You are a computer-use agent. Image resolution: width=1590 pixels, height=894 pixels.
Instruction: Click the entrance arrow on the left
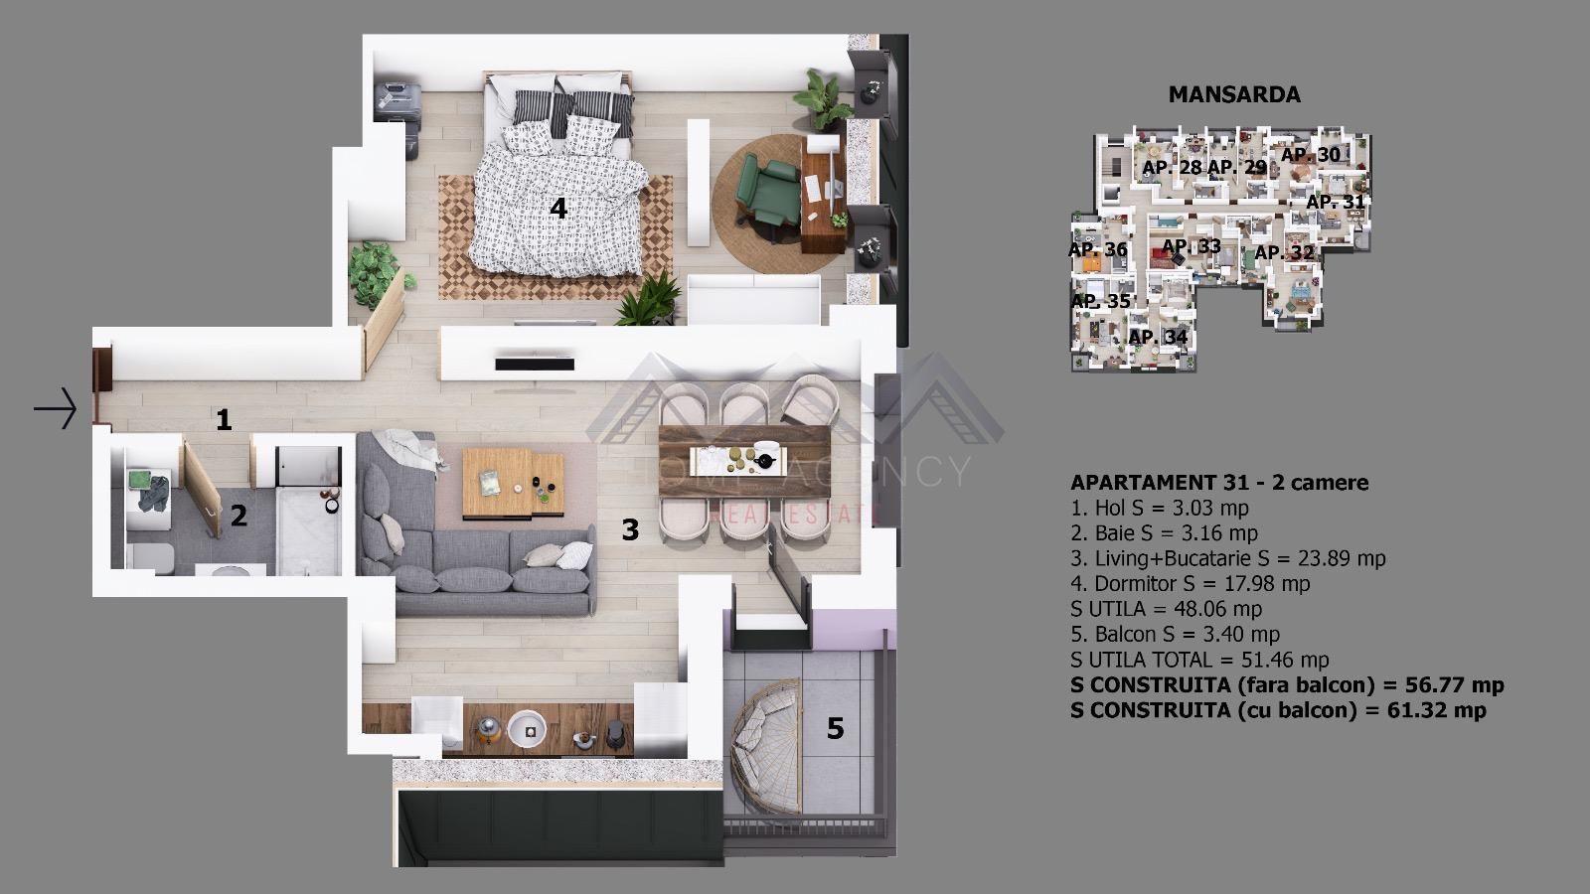[56, 407]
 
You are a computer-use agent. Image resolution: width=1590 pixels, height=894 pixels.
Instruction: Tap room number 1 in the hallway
[224, 420]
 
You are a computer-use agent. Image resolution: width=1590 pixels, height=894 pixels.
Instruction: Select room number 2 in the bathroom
[238, 516]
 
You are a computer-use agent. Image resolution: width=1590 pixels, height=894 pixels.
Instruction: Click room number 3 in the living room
[630, 529]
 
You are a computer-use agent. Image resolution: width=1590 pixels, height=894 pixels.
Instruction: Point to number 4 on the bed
[558, 209]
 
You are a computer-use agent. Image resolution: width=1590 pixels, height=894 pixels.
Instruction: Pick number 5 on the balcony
[835, 729]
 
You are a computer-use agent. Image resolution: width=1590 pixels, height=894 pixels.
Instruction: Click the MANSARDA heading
[1234, 94]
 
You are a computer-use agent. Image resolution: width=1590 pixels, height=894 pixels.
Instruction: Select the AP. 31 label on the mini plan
[1335, 202]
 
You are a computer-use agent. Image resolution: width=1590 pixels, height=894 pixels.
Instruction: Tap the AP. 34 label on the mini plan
[1158, 337]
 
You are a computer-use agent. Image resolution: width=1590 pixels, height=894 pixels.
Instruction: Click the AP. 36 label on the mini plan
[1097, 249]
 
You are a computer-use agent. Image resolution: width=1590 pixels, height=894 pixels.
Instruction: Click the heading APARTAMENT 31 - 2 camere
[1218, 483]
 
